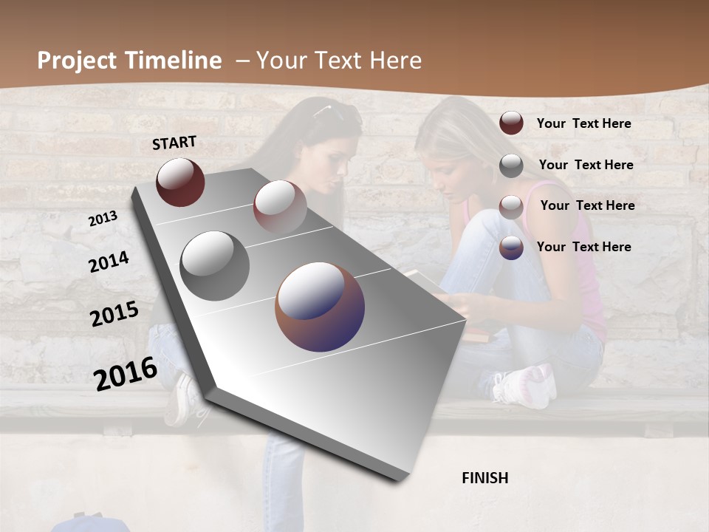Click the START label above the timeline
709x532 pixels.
[x=174, y=143]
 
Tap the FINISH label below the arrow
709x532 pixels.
[x=484, y=478]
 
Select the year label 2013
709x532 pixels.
[x=103, y=219]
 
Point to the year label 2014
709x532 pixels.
[x=109, y=262]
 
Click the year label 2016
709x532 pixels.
[x=126, y=373]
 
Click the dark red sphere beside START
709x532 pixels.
[x=180, y=182]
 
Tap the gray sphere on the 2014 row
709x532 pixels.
[x=215, y=266]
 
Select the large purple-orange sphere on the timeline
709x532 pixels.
[x=320, y=307]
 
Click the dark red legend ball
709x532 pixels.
[x=511, y=123]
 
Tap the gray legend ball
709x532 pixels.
[x=511, y=166]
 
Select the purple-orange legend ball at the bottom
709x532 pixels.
[x=511, y=248]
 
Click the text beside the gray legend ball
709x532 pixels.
[x=586, y=165]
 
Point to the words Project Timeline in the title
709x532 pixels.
[x=129, y=61]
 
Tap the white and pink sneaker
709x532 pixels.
[x=525, y=386]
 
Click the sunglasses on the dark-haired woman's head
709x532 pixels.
[x=330, y=112]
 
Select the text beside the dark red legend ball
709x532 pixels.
[x=583, y=123]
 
